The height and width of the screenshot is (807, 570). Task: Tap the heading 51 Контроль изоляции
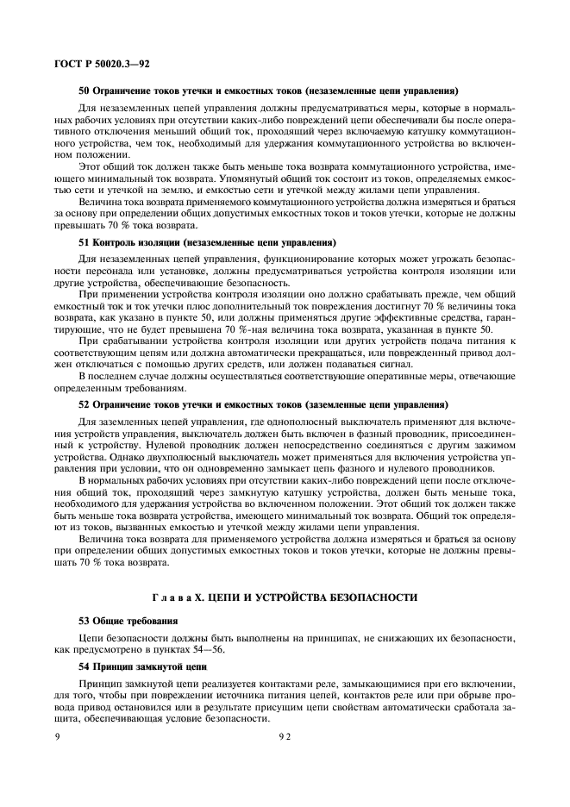coord(207,242)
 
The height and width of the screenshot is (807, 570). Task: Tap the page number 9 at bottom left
coord(57,738)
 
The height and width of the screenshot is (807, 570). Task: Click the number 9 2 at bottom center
coord(285,738)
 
